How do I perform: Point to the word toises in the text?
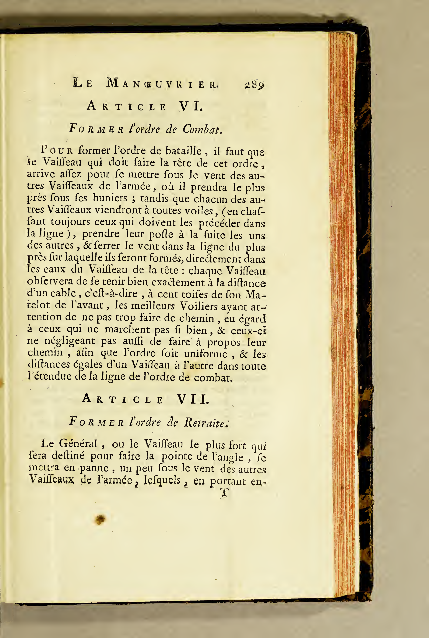pos(200,294)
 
